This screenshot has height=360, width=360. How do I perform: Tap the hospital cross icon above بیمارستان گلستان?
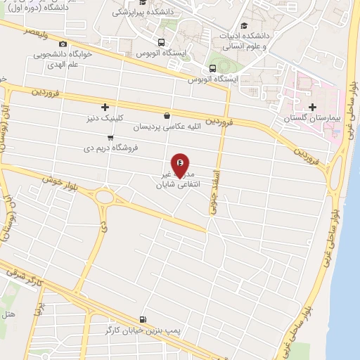(311, 105)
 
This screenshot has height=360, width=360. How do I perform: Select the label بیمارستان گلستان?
(311, 119)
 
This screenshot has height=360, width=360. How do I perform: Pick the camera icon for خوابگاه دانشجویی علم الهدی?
(63, 44)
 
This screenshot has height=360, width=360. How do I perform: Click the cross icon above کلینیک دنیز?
(105, 107)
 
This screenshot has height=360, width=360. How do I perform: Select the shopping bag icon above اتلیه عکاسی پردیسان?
(166, 116)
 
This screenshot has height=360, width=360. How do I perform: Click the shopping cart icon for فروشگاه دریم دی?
(110, 138)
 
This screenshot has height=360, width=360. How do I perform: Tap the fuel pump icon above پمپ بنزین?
(143, 319)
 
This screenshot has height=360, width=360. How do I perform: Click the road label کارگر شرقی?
(21, 278)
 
